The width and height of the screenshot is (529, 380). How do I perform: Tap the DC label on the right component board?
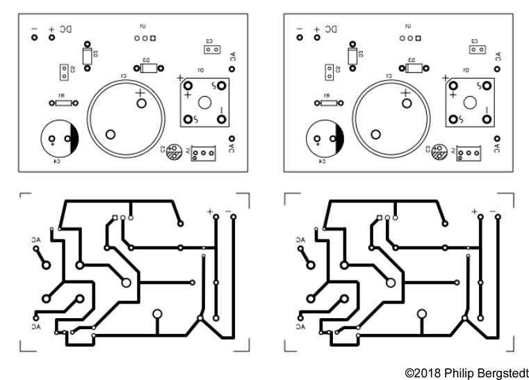pyautogui.click(x=331, y=29)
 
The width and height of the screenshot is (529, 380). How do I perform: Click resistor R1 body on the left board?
pyautogui.click(x=63, y=102)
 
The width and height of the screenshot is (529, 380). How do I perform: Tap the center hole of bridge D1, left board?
pyautogui.click(x=204, y=102)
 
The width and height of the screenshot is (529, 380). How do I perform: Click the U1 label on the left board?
pyautogui.click(x=143, y=26)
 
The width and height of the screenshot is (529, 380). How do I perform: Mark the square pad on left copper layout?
pyautogui.click(x=115, y=218)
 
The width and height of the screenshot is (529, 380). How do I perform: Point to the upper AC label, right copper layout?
pyautogui.click(x=302, y=239)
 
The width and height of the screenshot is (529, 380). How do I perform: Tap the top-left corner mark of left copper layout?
pyautogui.click(x=24, y=197)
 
